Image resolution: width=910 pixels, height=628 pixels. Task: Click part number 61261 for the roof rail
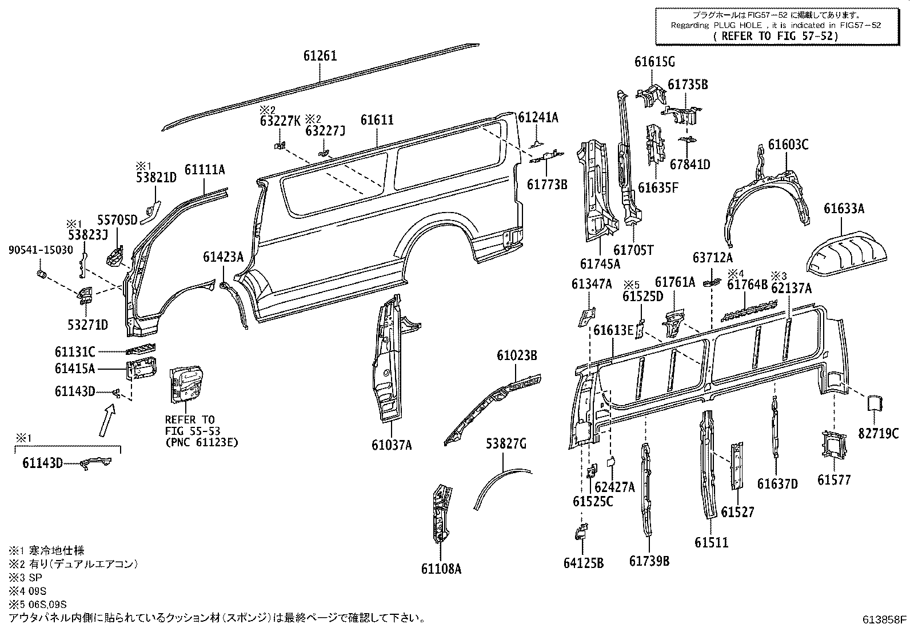click(x=320, y=56)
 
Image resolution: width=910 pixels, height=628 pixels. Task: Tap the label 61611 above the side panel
click(x=377, y=120)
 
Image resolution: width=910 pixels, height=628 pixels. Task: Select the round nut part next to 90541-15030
click(x=41, y=277)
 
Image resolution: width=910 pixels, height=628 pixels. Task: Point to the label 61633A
click(x=844, y=209)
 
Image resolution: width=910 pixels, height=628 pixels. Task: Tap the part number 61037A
click(x=392, y=445)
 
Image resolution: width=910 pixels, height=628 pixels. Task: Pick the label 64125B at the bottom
click(x=583, y=563)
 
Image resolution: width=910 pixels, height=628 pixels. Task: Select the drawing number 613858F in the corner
click(x=885, y=619)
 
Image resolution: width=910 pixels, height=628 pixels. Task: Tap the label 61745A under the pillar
click(x=600, y=264)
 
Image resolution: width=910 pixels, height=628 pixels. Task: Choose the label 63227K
click(x=280, y=121)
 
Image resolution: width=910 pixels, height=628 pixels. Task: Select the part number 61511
click(x=712, y=542)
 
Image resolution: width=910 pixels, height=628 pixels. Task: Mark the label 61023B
click(x=516, y=356)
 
